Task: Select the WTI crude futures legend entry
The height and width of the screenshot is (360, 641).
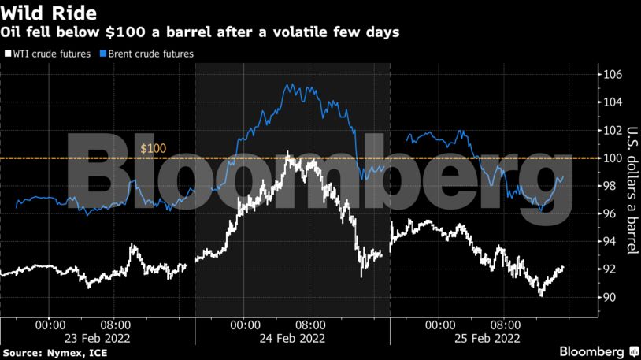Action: (x=50, y=54)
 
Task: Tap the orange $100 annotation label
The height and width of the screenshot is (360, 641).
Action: (x=153, y=148)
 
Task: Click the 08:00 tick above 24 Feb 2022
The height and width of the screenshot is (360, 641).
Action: (x=309, y=323)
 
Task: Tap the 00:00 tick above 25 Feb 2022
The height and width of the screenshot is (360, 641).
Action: (x=439, y=323)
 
